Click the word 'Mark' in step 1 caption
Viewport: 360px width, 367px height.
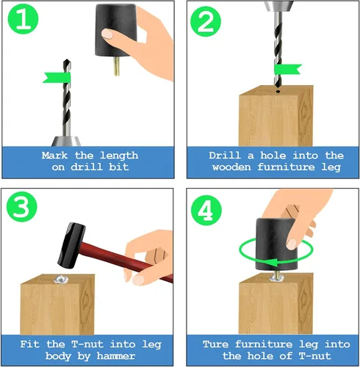55,156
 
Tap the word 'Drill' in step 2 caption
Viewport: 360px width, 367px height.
225,156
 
